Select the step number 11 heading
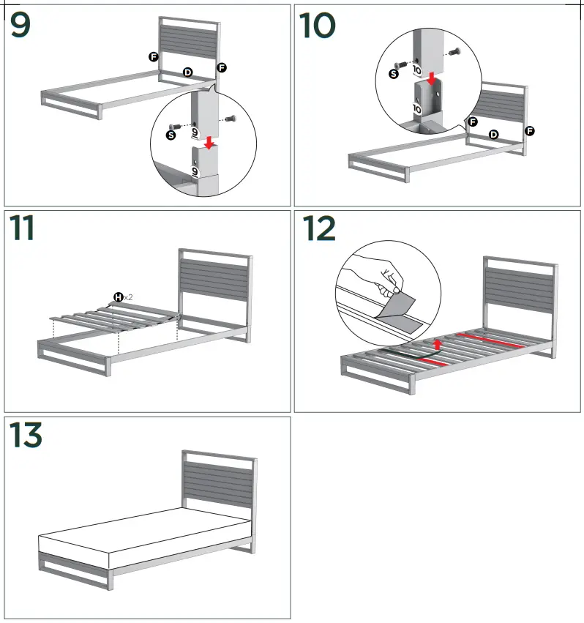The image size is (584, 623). pos(24,228)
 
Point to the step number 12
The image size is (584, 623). pos(319,228)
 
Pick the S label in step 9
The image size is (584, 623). pos(171,135)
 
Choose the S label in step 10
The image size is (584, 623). pos(394,73)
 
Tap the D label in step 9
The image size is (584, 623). pos(187,72)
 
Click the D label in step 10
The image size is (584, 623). pos(493,134)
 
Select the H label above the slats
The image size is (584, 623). pos(117,296)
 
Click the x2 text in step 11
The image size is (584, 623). pos(128,297)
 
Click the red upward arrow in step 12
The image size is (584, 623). pos(437,343)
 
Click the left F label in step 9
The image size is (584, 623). pos(154,56)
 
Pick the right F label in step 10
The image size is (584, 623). pos(530,131)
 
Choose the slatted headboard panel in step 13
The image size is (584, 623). pos(218,487)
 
